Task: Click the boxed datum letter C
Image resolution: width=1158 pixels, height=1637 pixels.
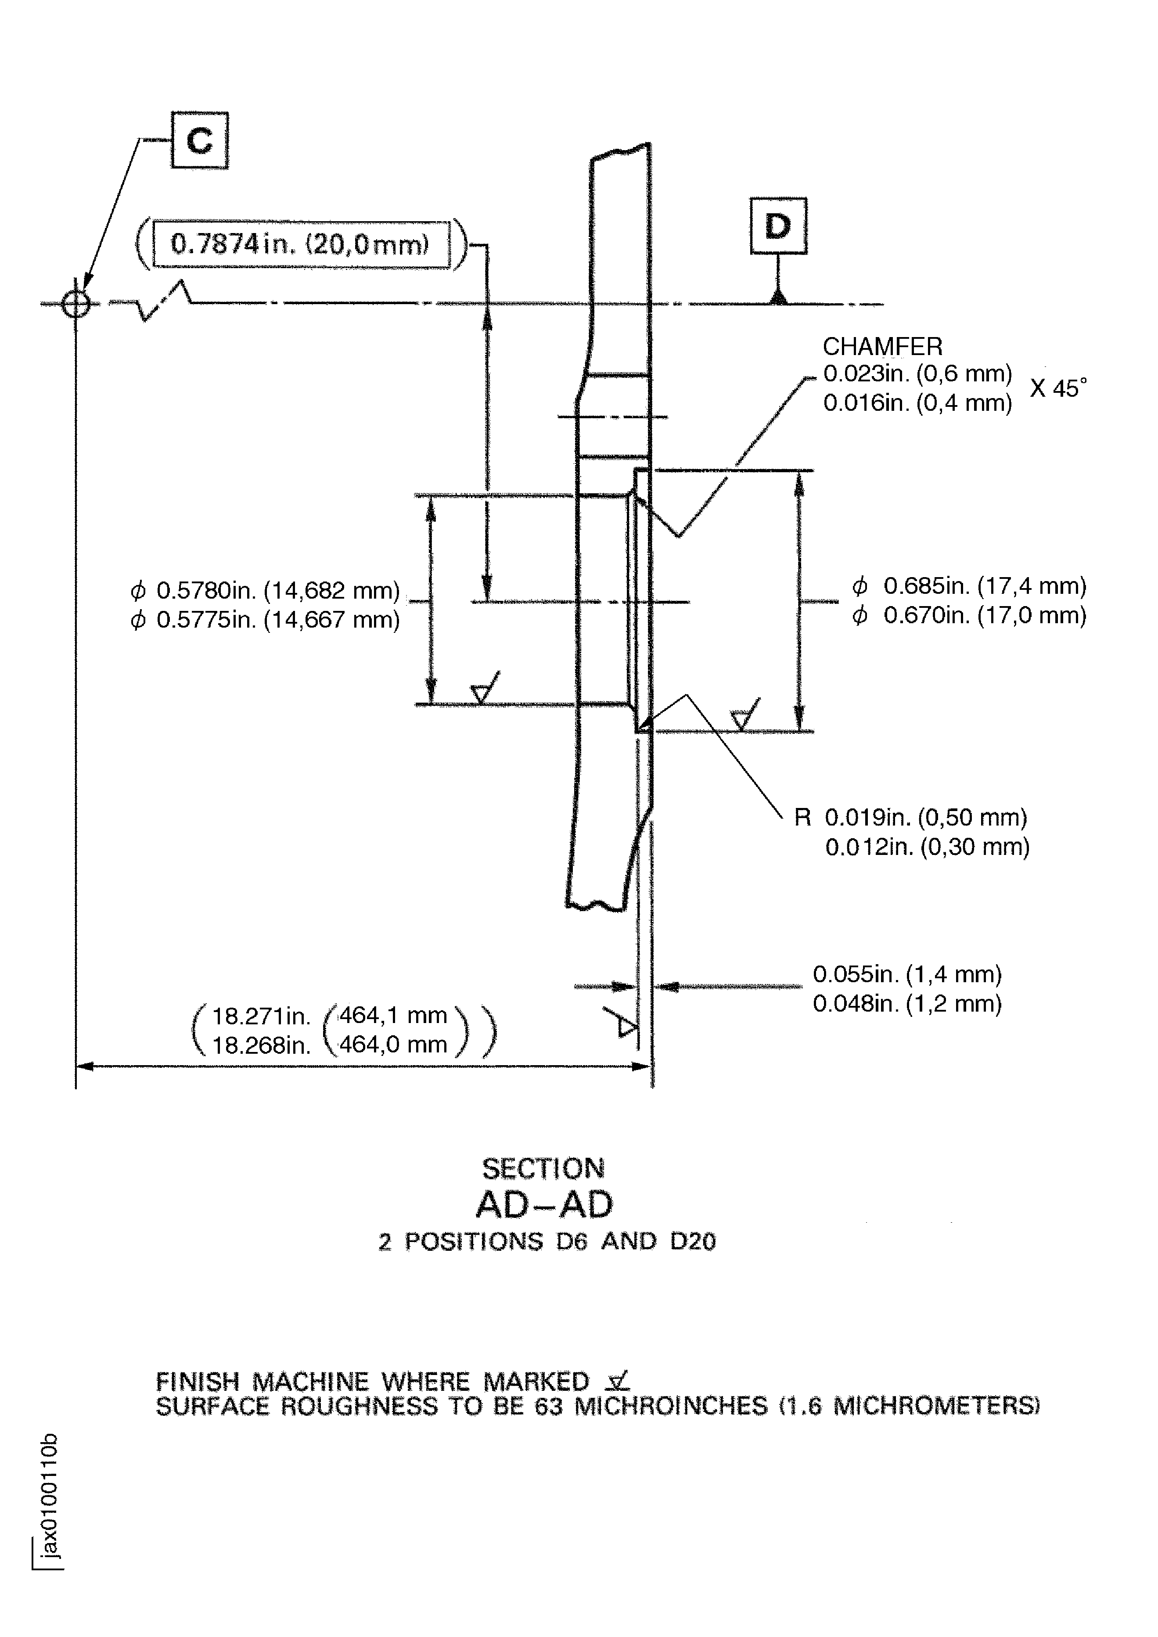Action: (x=200, y=140)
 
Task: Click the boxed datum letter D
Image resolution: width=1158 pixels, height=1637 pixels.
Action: (x=778, y=226)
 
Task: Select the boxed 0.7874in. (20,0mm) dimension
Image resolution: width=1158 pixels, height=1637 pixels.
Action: (x=301, y=244)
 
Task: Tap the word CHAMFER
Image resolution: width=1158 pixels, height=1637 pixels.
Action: (x=882, y=347)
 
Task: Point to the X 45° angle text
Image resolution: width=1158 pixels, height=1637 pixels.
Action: (x=1058, y=388)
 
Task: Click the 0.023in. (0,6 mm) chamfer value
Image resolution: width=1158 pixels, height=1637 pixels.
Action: (x=918, y=373)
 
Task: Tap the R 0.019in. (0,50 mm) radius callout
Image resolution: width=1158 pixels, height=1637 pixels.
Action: (x=910, y=817)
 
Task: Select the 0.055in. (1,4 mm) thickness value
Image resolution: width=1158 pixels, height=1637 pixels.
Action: (x=907, y=974)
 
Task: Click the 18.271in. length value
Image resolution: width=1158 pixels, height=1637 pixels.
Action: (x=261, y=1015)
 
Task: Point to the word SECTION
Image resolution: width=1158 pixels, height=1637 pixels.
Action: (x=543, y=1169)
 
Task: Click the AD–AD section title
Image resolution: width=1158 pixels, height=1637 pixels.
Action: (x=544, y=1205)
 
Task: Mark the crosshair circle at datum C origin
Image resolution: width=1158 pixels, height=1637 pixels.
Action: (x=76, y=305)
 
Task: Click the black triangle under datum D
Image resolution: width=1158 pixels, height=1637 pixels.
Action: (x=779, y=297)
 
